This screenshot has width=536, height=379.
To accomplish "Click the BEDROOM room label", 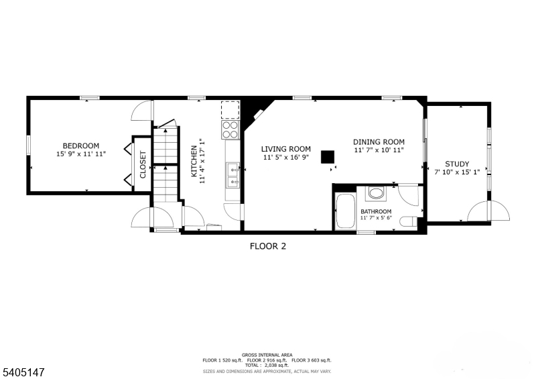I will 80,146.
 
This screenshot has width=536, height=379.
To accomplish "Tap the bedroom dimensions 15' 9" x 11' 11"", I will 80,154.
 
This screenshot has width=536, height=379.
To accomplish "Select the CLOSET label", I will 143,164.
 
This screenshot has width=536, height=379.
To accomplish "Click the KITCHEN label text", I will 195,162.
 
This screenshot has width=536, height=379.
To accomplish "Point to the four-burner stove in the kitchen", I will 230,129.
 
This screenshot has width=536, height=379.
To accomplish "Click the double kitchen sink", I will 232,174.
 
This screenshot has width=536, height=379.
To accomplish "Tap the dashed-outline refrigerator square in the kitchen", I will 230,109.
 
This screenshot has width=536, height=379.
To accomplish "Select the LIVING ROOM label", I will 286,149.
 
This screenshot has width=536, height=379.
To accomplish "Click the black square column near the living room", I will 327,156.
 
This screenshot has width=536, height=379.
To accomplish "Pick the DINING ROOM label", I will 379,142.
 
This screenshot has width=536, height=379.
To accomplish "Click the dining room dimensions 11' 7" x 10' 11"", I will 379,150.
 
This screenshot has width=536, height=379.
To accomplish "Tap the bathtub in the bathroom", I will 345,211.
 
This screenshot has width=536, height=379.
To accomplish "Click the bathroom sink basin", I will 375,195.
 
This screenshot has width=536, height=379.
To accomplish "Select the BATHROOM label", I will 376,211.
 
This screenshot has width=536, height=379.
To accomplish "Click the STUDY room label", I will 457,164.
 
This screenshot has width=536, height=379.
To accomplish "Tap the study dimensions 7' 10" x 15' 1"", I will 457,172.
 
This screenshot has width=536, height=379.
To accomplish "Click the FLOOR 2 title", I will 268,246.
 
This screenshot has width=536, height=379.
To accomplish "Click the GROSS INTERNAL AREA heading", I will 267,355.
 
